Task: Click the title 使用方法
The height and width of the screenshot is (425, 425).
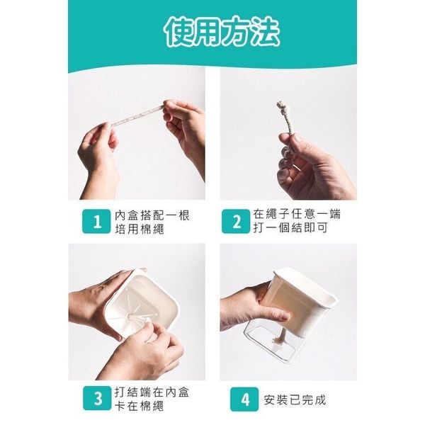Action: [x=222, y=33]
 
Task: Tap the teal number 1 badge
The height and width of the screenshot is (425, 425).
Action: [x=96, y=222]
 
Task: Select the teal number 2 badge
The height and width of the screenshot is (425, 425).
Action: [x=236, y=222]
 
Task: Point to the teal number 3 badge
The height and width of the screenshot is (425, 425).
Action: [x=97, y=398]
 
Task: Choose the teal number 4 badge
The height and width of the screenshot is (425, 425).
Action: [x=244, y=399]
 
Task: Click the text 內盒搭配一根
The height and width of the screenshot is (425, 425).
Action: [x=152, y=215]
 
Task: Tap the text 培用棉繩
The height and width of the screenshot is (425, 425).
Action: [x=140, y=229]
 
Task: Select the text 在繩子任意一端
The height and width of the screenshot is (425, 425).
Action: [x=297, y=214]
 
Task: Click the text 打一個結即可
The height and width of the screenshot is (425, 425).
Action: [x=290, y=227]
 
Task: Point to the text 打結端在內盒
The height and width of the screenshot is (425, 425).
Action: [x=152, y=392]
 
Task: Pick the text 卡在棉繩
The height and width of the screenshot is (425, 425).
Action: [x=139, y=406]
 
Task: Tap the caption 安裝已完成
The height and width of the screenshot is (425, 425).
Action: [x=295, y=399]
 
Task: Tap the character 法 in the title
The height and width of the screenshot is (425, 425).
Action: [x=266, y=33]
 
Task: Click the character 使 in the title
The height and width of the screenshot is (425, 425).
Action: [x=179, y=33]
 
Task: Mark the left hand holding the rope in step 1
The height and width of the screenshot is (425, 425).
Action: [x=99, y=157]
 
